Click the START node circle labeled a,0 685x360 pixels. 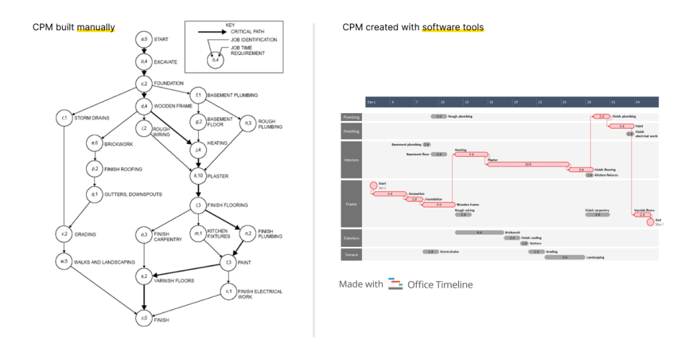143,40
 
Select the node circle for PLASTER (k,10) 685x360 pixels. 198,177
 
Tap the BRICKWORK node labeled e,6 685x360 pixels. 94,143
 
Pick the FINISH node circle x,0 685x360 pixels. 143,319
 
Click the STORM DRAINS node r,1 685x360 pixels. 65,118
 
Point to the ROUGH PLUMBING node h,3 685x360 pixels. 248,122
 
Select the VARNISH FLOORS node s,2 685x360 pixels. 143,276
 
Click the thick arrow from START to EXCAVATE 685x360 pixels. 143,51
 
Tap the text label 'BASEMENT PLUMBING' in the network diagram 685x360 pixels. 232,95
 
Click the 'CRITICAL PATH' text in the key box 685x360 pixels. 249,31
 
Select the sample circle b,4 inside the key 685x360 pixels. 215,60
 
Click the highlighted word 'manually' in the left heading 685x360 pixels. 96,27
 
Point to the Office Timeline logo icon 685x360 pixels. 395,284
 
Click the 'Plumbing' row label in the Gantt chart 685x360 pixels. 351,116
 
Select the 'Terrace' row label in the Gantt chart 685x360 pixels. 351,254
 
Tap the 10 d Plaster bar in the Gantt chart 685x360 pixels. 528,164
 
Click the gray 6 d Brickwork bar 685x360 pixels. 479,232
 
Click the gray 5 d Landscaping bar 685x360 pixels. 565,257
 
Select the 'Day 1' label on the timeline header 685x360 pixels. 371,102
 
